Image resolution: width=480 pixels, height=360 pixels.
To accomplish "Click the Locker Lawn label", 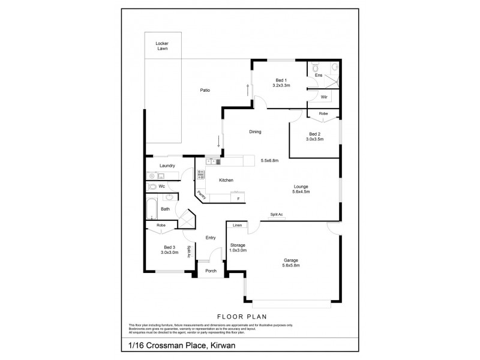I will [161, 46].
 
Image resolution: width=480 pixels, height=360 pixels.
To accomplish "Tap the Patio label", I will [205, 91].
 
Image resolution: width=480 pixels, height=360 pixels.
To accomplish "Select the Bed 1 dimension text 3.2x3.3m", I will [281, 86].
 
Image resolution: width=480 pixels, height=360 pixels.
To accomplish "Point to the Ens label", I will [319, 75].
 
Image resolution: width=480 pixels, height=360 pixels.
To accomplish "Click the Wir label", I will [323, 97].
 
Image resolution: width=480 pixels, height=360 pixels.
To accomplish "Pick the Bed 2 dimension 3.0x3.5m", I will [314, 139].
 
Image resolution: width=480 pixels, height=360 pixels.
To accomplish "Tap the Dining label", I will [256, 132].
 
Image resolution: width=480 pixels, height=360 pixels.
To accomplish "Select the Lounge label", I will [301, 187].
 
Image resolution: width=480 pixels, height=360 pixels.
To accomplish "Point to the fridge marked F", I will [238, 199].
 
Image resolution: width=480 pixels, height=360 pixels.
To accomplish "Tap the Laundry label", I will [167, 166].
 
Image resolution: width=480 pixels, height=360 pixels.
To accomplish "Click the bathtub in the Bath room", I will [151, 209].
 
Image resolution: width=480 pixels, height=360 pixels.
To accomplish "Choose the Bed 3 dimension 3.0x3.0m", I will [170, 253].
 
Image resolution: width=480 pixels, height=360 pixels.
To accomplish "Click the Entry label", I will [211, 238].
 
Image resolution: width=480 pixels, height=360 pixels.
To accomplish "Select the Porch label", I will [211, 271].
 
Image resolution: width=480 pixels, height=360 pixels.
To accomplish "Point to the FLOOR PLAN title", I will [241, 316].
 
